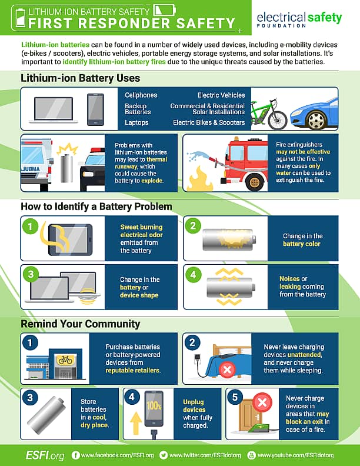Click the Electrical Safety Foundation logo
click(299, 19)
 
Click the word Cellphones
click(142, 95)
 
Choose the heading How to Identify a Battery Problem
click(96, 207)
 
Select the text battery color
click(302, 244)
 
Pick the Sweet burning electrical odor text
click(141, 231)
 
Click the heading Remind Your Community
click(81, 324)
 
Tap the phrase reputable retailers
click(133, 371)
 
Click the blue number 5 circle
click(236, 398)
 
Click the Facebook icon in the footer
click(75, 455)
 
